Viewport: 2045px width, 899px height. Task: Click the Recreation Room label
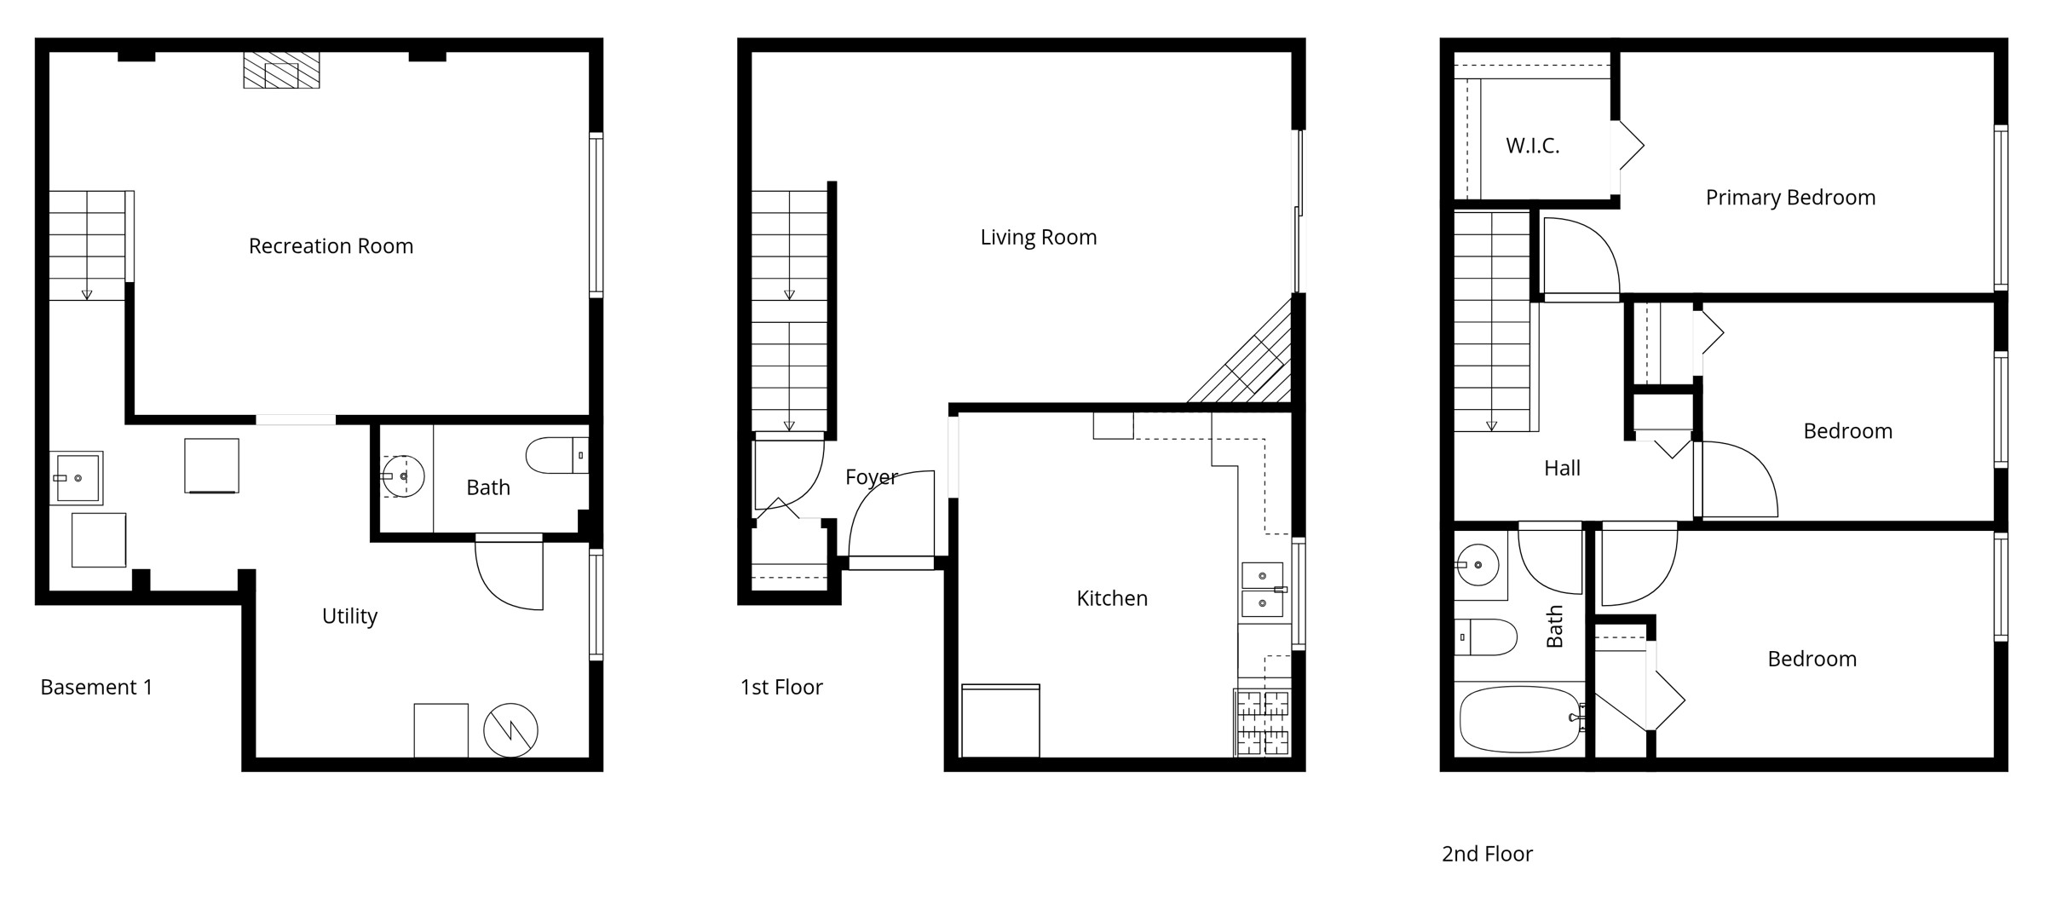coord(331,246)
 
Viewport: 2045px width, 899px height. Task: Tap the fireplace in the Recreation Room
coord(281,70)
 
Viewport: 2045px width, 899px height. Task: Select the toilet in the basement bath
coord(556,455)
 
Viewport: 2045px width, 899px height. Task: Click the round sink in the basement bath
coord(402,476)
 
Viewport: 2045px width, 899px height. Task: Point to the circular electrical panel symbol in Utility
coord(510,730)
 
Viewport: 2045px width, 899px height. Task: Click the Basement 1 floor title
coord(96,687)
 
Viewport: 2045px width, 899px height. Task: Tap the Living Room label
coord(1038,237)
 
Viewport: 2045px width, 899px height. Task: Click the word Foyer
coord(871,477)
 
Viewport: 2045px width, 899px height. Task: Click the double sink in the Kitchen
coord(1262,589)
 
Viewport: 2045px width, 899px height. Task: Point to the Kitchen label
coord(1112,598)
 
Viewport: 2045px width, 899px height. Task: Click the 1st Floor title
coord(781,687)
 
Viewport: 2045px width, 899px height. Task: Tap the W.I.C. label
coord(1532,146)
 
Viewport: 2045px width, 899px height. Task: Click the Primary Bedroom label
coord(1790,198)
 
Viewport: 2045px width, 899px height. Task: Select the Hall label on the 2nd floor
coord(1562,468)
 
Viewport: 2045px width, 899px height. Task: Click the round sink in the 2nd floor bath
coord(1478,565)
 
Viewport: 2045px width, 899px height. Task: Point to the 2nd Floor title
coord(1487,854)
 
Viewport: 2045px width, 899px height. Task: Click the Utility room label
coord(349,616)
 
